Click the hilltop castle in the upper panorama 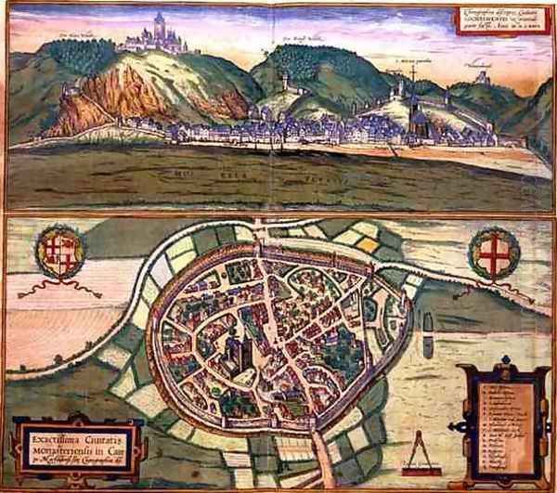pos(156,34)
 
